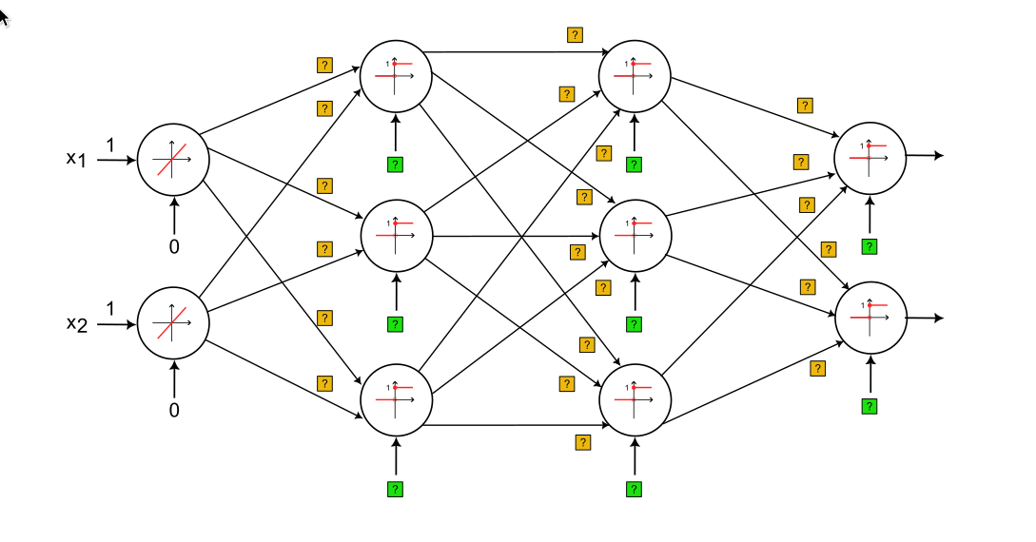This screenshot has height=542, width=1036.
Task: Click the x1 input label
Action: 76,159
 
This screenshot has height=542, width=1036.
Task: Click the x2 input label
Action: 76,324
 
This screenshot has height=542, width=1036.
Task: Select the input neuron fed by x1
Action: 173,160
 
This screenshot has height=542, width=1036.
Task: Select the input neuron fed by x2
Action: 173,323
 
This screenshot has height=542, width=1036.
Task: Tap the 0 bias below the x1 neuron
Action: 174,246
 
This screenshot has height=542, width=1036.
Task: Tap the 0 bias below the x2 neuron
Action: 174,411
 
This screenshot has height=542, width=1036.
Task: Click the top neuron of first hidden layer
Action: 397,74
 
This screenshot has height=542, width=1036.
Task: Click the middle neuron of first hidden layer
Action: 397,234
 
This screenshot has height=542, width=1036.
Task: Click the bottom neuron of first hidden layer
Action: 397,399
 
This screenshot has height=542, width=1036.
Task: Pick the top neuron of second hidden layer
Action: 635,74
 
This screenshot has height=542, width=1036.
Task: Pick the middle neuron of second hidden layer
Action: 635,234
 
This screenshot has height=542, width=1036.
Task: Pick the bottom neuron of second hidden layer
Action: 635,399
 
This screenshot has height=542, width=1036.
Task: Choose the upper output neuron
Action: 870,156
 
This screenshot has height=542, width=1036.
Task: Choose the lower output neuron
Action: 870,317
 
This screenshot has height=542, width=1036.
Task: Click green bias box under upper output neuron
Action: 870,246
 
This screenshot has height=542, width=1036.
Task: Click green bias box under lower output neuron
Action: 870,406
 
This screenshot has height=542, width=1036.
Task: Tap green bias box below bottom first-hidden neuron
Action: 396,489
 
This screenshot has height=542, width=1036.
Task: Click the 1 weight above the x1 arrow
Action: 110,145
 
